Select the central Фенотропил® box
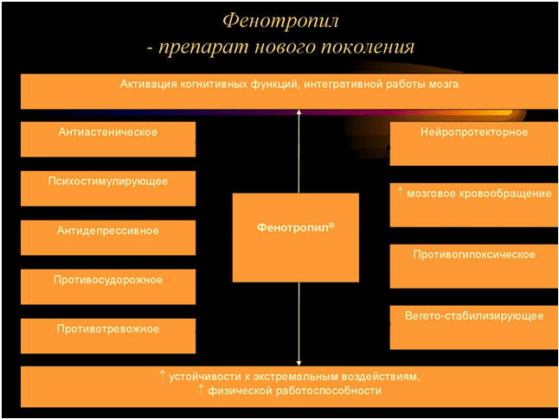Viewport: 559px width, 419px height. point(295,238)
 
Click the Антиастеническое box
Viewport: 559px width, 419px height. point(108,138)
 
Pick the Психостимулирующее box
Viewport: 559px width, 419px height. point(108,187)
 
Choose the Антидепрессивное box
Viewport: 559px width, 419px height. point(108,238)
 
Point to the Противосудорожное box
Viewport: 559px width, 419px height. point(108,286)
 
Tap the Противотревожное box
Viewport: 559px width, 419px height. point(108,335)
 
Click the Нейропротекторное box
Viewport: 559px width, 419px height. point(473,143)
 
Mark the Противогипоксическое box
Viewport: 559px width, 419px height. point(473,265)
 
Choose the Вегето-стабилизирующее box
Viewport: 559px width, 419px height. point(473,327)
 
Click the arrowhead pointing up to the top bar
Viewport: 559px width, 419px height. point(298,113)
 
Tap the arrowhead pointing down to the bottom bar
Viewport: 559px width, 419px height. point(298,362)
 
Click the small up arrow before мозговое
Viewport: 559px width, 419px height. point(400,191)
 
